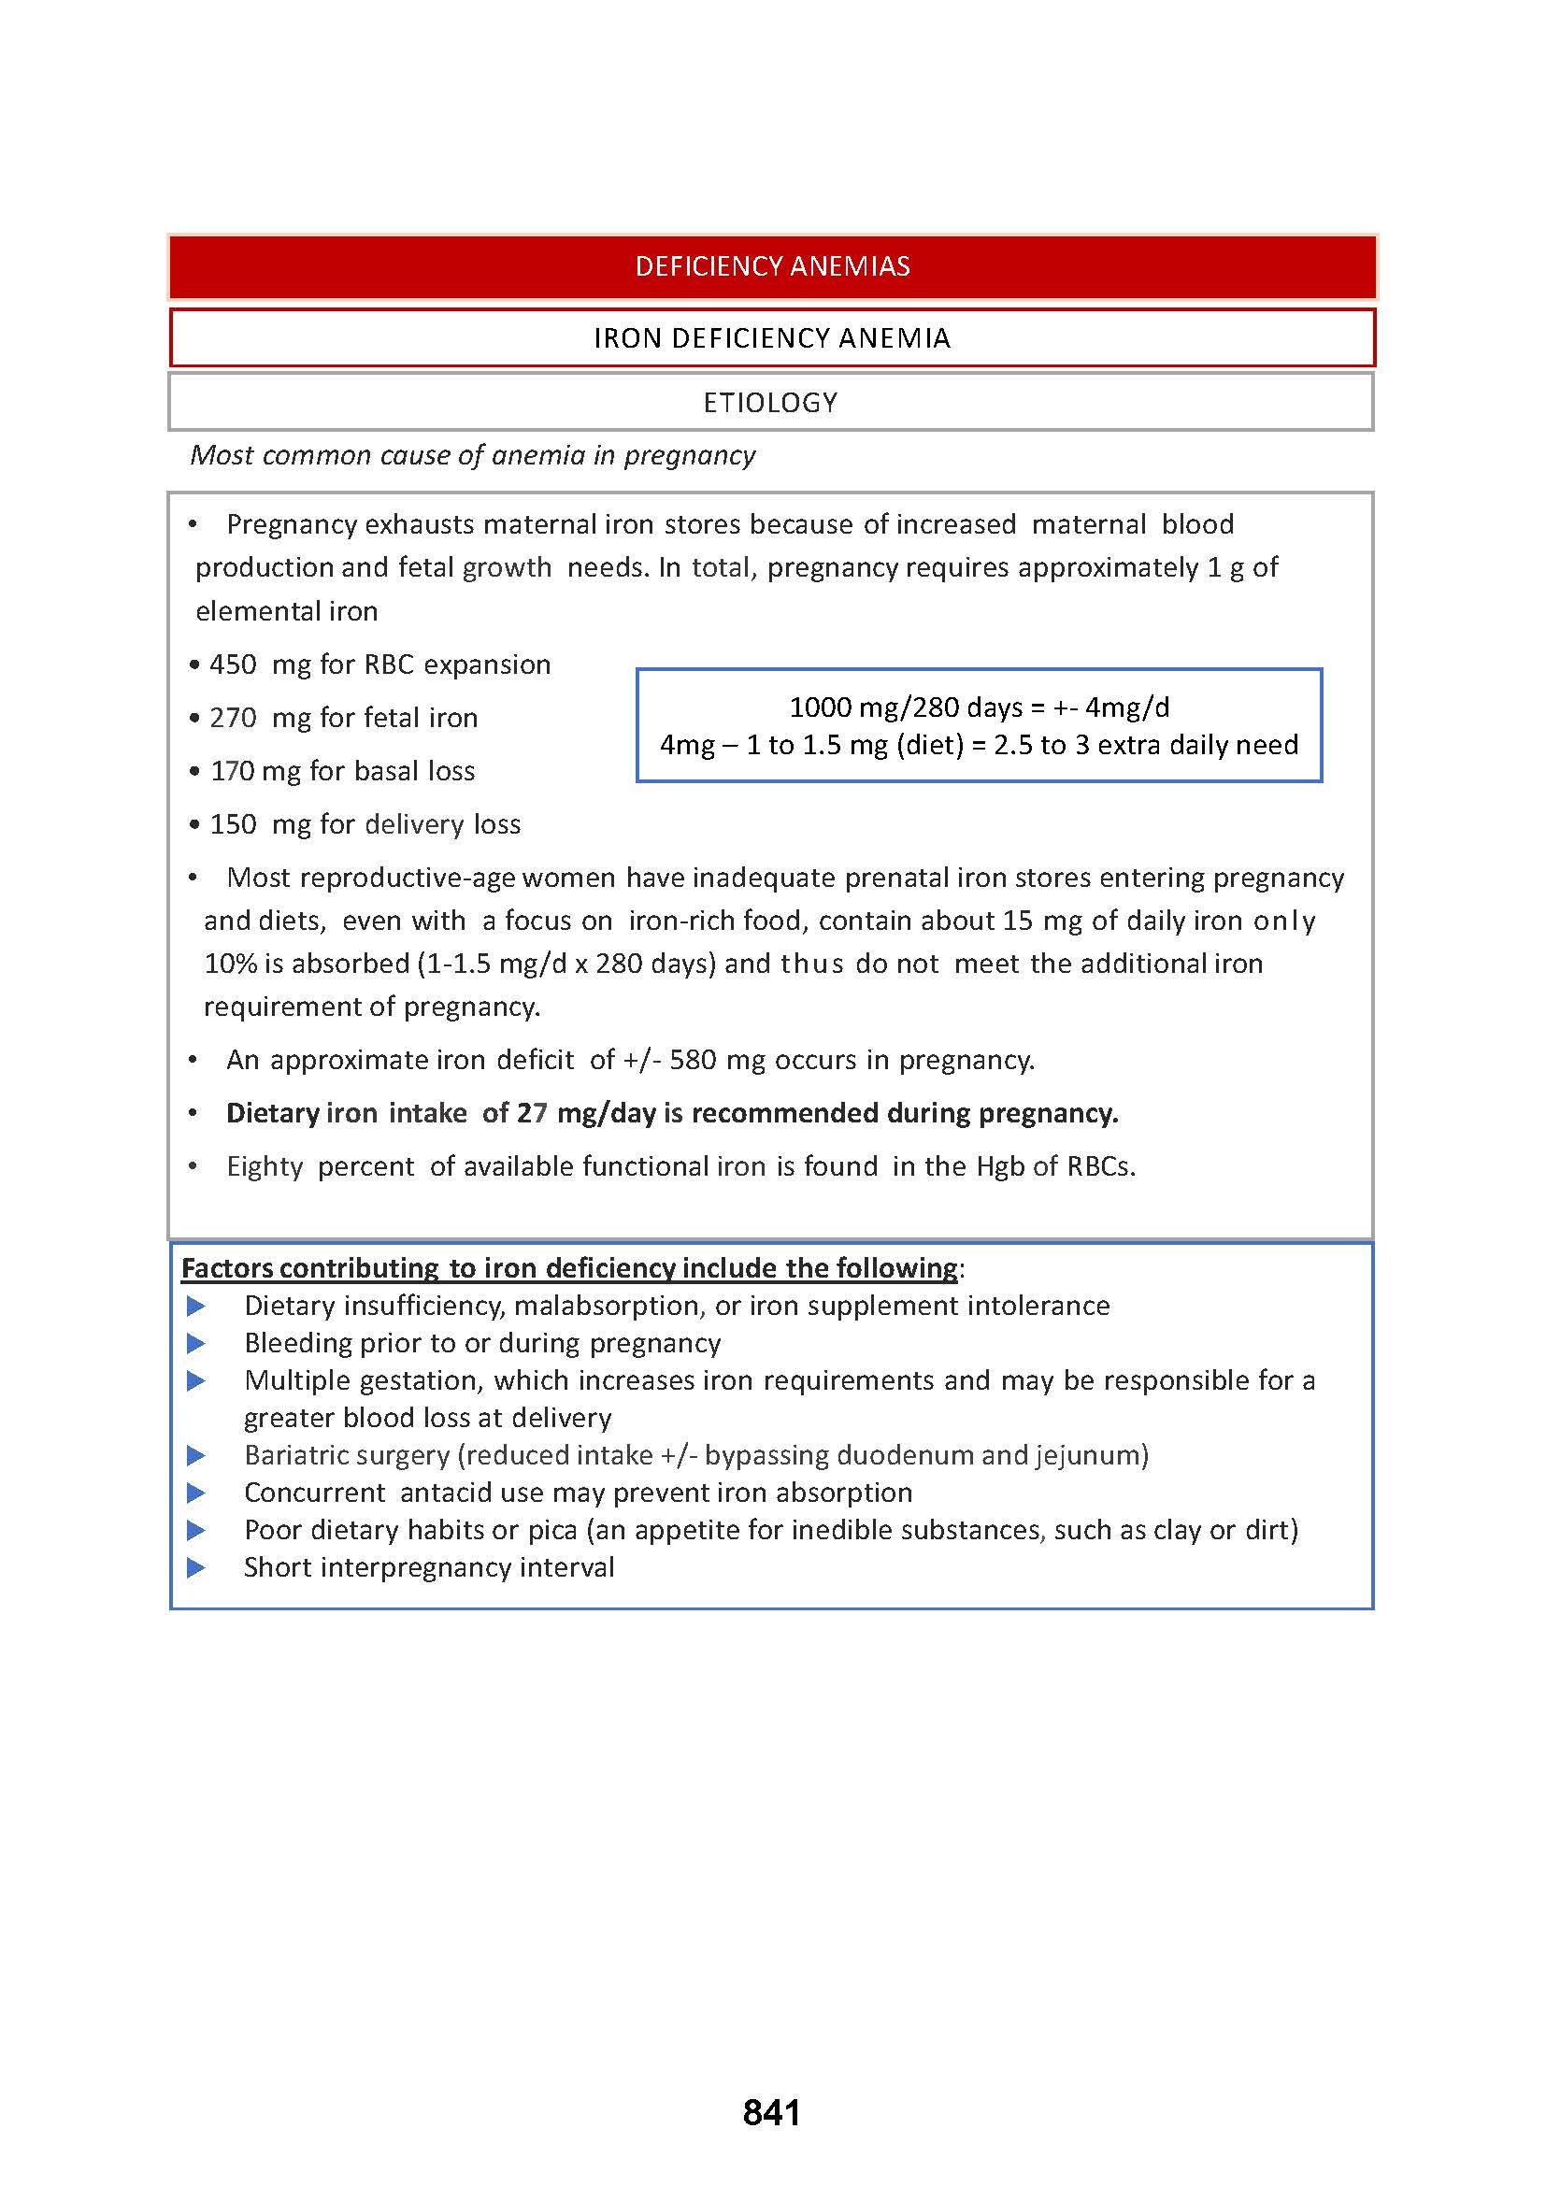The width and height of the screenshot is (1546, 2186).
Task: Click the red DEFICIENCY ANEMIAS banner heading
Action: [772, 265]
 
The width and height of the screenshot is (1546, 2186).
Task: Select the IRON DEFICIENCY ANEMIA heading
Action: [772, 338]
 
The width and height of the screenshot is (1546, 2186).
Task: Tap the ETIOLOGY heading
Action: [770, 403]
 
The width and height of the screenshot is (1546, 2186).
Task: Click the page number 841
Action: [771, 2112]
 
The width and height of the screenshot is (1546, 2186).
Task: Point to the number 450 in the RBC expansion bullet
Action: [234, 664]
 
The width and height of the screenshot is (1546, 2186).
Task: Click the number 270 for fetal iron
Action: [234, 718]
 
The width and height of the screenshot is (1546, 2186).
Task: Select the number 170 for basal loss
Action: [233, 771]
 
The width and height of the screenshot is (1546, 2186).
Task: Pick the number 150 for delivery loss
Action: [234, 824]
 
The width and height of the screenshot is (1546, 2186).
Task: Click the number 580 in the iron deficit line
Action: [692, 1060]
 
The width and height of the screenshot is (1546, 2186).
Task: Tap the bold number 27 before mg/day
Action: [532, 1113]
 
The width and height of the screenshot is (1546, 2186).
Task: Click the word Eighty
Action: [265, 1166]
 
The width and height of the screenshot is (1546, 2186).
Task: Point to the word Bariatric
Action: [299, 1455]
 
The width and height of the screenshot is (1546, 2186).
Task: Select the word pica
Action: [552, 1530]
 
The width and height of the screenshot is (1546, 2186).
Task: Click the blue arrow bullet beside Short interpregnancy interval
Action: [196, 1567]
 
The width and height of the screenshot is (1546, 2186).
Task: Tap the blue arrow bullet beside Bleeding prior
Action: [196, 1343]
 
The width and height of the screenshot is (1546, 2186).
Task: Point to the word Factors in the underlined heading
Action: [227, 1268]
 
